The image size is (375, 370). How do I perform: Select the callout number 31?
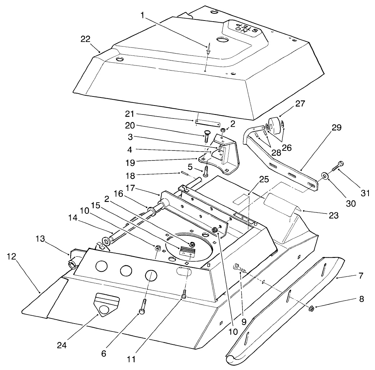365,193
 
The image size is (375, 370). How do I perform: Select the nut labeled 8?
312,308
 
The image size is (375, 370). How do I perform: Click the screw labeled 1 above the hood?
208,50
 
